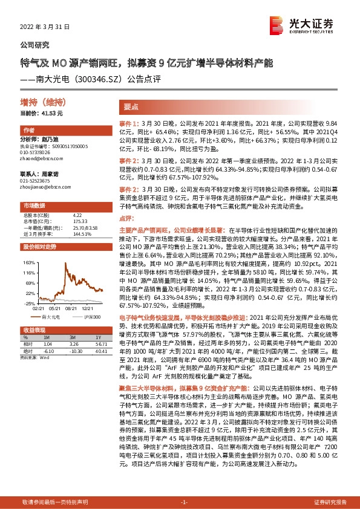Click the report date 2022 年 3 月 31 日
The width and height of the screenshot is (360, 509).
coord(45,27)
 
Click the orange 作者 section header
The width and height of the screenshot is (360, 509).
coord(29,131)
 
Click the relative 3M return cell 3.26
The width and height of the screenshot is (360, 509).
coord(76,343)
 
